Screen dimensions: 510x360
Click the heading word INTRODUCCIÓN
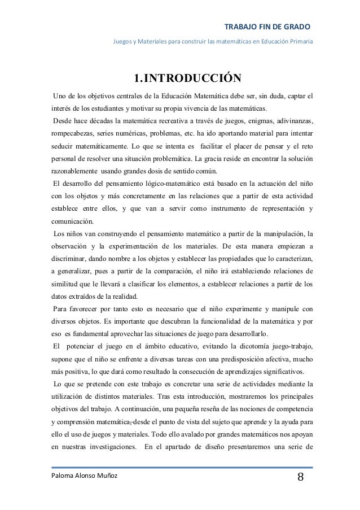(x=191, y=77)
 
